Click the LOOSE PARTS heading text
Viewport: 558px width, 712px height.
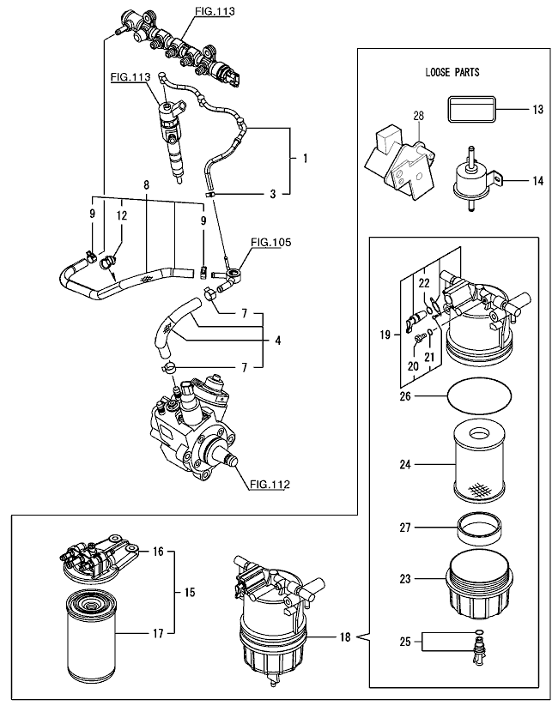(x=452, y=73)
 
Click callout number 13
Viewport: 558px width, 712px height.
(x=538, y=111)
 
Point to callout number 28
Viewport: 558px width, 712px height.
(x=419, y=115)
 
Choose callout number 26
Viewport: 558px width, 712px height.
(x=406, y=396)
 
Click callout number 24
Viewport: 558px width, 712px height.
(x=406, y=465)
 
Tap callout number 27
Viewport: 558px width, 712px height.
(x=406, y=528)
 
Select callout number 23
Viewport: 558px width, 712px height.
(x=406, y=579)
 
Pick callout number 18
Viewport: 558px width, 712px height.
(x=344, y=637)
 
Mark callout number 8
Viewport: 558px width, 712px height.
(x=146, y=185)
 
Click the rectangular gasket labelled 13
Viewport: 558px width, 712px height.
(x=471, y=111)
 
